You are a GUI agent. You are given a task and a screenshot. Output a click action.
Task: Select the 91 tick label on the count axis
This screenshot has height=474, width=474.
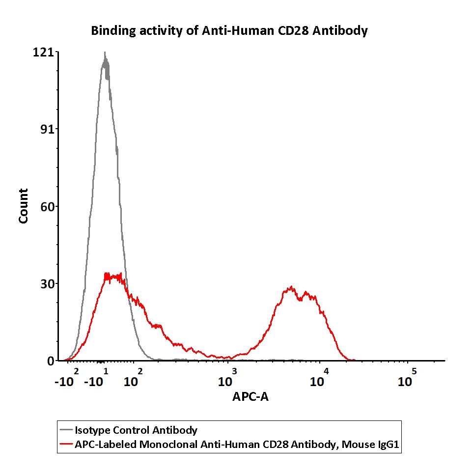coord(47,129)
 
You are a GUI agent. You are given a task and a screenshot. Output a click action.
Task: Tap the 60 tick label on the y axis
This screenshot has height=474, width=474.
coord(47,206)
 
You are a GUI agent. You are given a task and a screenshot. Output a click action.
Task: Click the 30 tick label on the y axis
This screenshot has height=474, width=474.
coord(47,283)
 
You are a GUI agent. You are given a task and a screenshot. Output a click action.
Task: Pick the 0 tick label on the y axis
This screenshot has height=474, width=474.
coord(50,361)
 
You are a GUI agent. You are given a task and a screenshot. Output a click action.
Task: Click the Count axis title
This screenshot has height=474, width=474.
coord(24,206)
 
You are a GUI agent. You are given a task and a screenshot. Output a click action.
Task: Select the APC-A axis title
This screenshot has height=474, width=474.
coord(250,396)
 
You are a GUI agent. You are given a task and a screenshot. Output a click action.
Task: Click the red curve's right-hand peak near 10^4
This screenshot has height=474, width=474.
coord(292,288)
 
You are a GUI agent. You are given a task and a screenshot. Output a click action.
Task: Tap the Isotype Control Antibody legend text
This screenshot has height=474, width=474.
coord(136,431)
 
